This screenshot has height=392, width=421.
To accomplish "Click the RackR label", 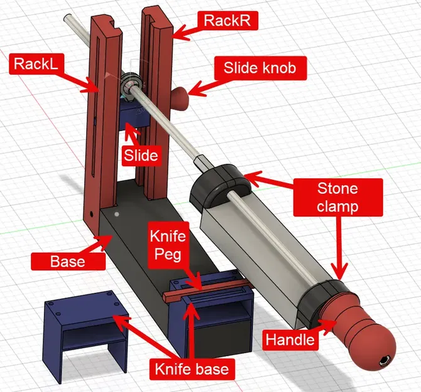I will pyautogui.click(x=227, y=21).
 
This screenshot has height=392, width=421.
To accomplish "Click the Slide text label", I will pyautogui.click(x=141, y=154).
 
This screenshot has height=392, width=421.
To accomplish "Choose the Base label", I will pyautogui.click(x=68, y=260).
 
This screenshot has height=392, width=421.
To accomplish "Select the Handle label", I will pyautogui.click(x=289, y=340).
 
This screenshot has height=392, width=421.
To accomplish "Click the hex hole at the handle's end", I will pyautogui.click(x=383, y=362).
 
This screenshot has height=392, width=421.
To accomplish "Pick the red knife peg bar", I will pyautogui.click(x=207, y=289).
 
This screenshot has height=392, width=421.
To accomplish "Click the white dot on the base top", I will pyautogui.click(x=117, y=214).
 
